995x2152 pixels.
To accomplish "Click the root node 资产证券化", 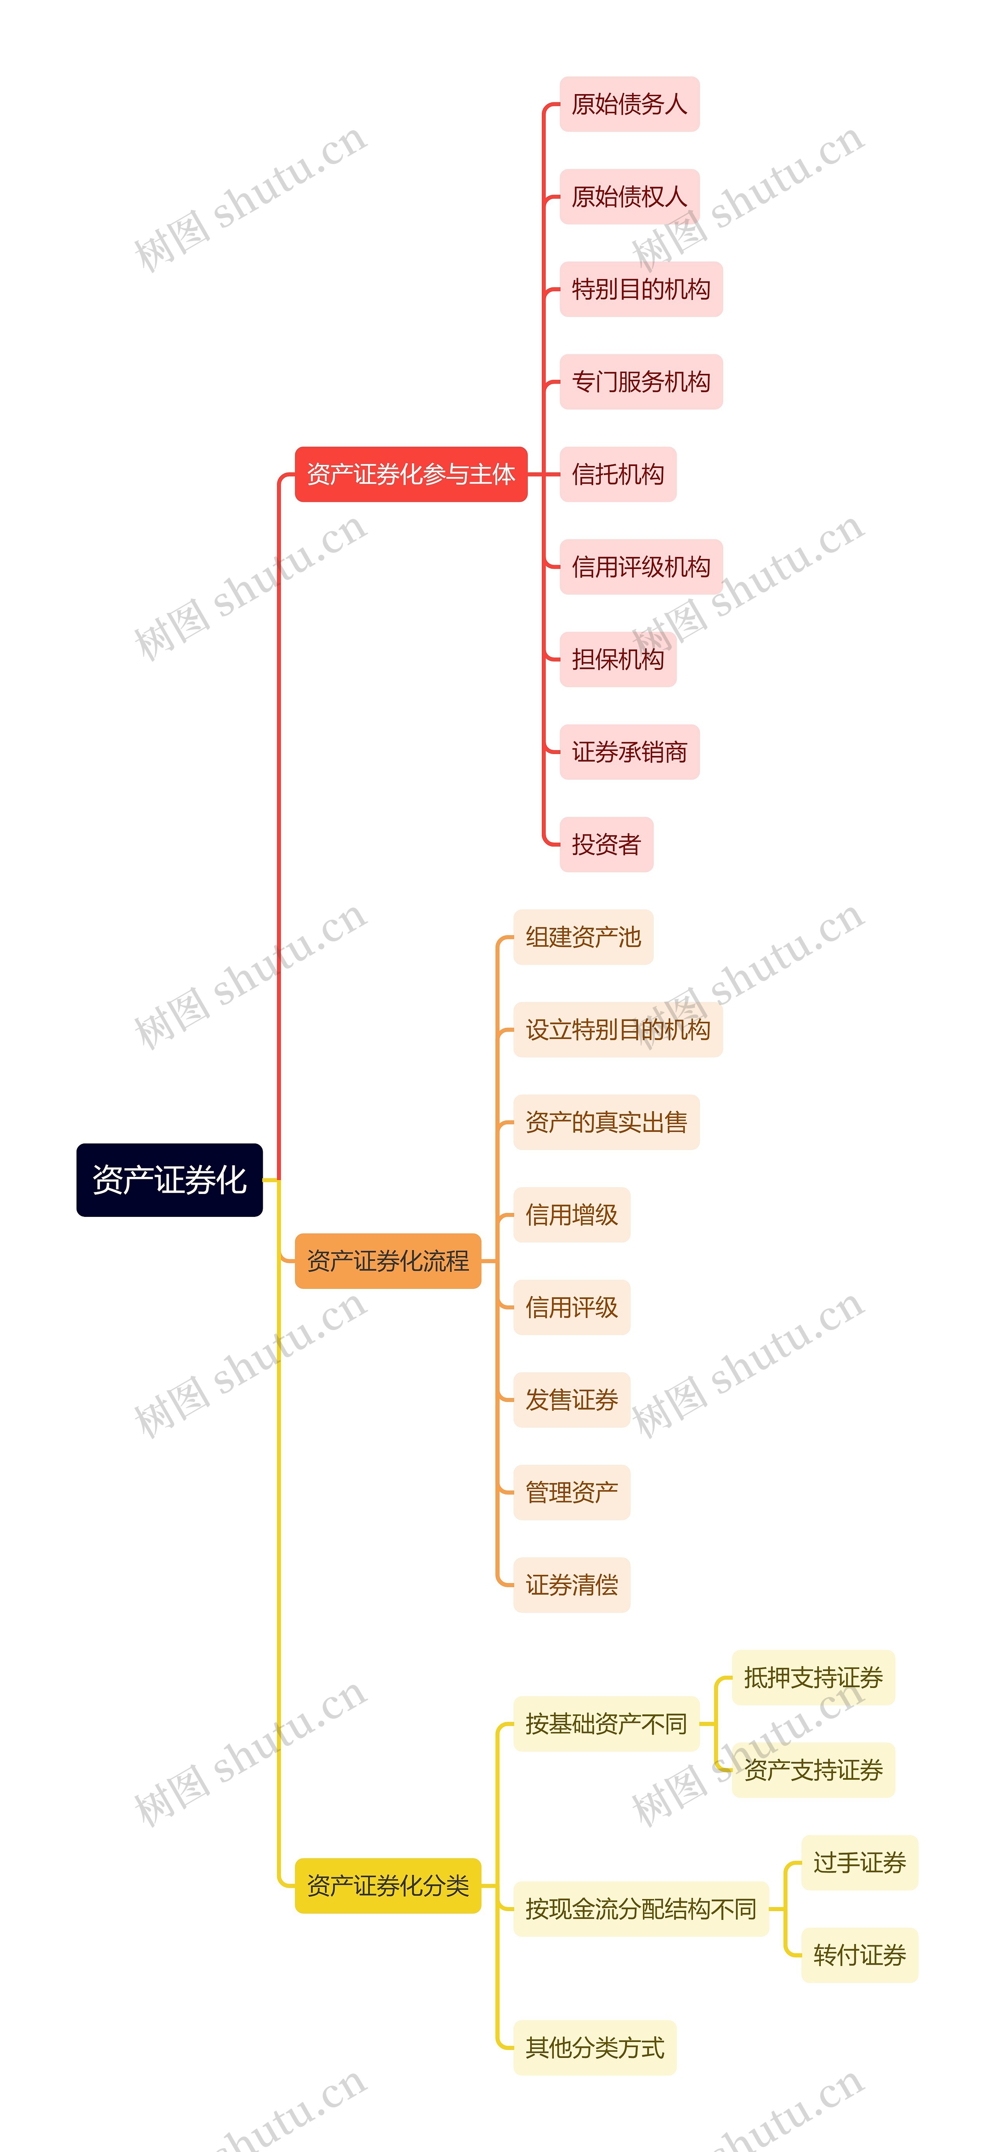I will click(169, 1180).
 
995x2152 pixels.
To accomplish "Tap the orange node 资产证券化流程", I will click(388, 1261).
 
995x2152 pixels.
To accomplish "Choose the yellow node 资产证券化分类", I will click(388, 1885).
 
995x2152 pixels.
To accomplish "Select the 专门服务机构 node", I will click(641, 382).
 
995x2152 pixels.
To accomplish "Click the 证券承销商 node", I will click(629, 752).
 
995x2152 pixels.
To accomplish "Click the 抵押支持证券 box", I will click(813, 1677).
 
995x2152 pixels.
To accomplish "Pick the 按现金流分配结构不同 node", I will click(641, 1909).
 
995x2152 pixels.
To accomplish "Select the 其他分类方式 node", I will click(595, 2047).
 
